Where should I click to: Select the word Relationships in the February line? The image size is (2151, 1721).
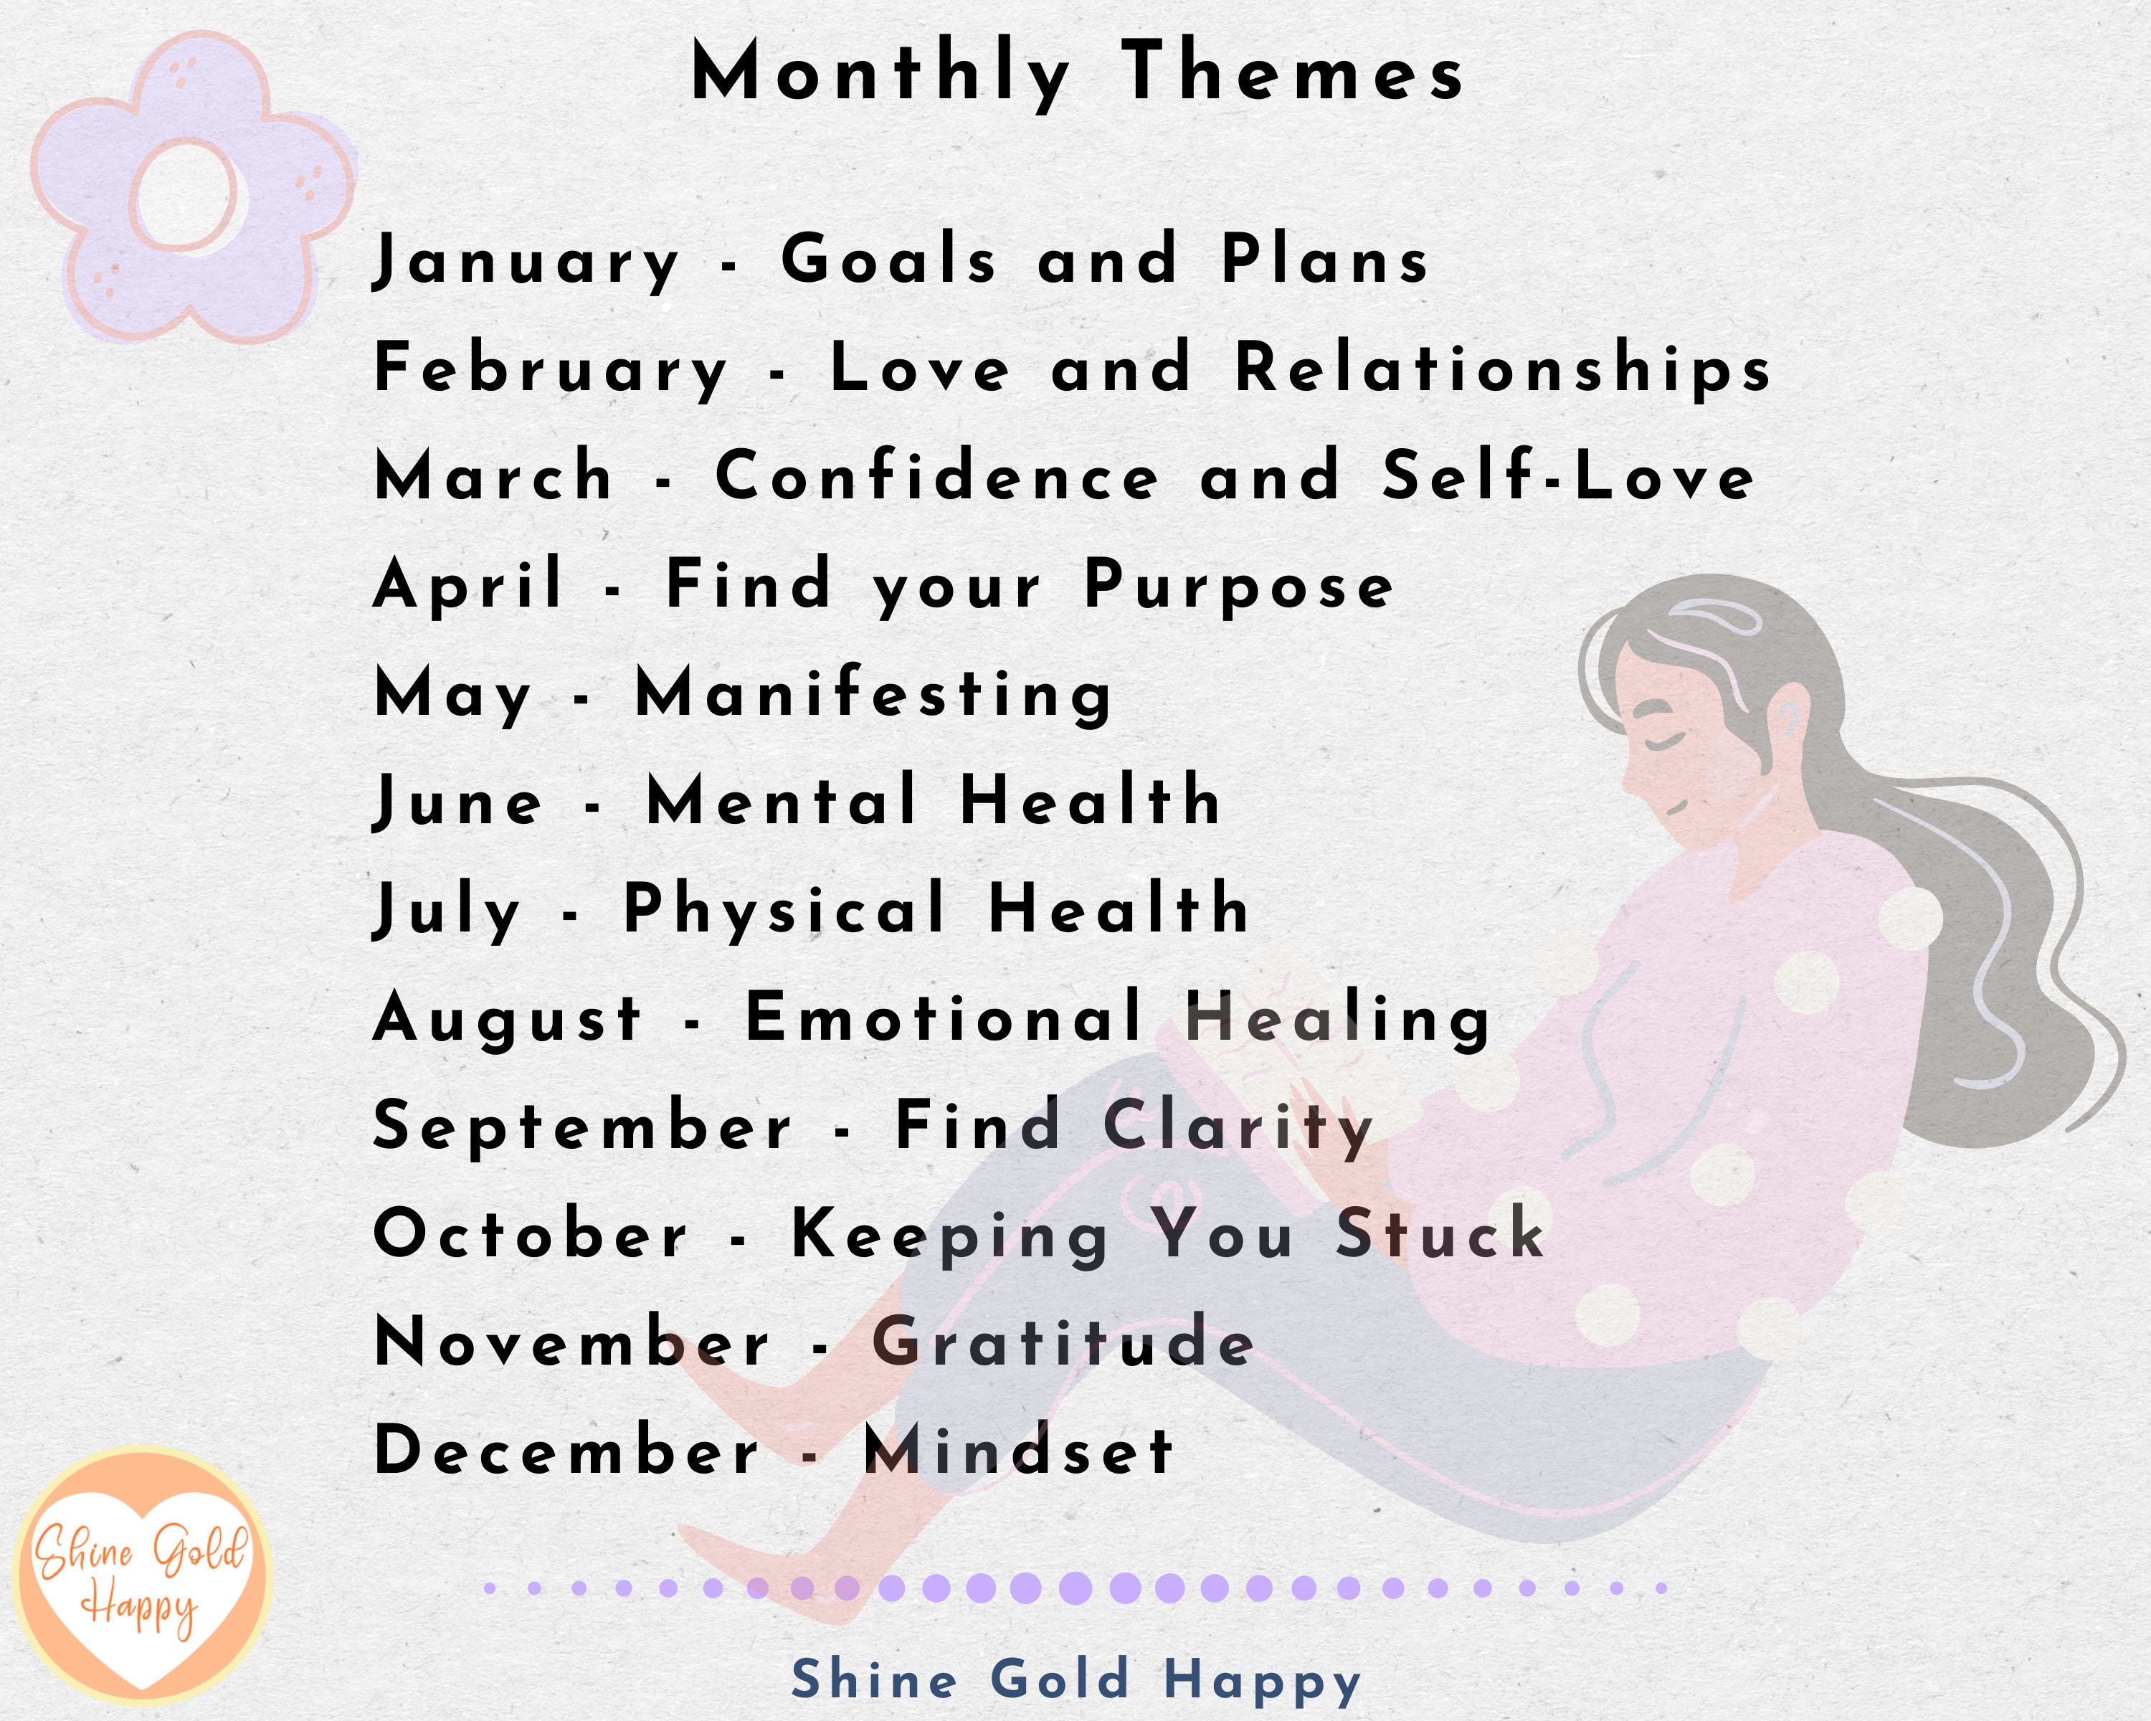(x=1503, y=369)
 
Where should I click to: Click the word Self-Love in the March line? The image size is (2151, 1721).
(x=1567, y=477)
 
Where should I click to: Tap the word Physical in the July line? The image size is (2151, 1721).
(x=784, y=911)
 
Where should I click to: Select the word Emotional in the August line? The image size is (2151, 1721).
(x=944, y=1019)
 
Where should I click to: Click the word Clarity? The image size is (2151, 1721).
(x=1238, y=1127)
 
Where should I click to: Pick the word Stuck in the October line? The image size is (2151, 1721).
(x=1440, y=1234)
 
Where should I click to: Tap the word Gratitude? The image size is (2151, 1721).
(x=1063, y=1343)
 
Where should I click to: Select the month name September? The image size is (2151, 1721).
(x=581, y=1127)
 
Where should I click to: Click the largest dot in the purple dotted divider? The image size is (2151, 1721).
(x=1075, y=1588)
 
